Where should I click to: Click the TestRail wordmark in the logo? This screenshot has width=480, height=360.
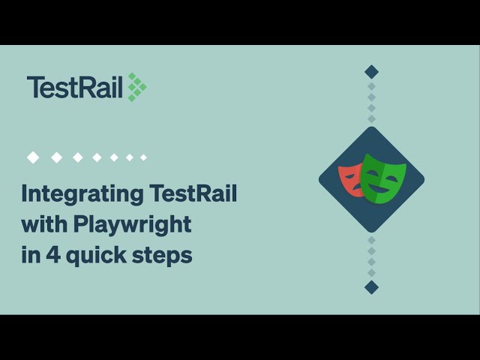75,87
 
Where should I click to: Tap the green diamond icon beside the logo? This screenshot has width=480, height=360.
136,87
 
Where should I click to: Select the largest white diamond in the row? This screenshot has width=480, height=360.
33,157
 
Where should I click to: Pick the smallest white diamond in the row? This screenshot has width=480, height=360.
143,157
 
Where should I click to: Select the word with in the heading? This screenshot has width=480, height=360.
41,223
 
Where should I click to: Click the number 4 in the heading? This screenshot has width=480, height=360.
51,255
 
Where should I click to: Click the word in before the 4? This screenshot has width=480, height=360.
29,254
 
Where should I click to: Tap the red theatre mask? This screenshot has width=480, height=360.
349,180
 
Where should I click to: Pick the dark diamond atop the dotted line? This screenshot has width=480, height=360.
371,72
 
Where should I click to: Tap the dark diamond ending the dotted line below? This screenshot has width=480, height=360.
371,287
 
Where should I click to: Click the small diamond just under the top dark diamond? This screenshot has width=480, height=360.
371,86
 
